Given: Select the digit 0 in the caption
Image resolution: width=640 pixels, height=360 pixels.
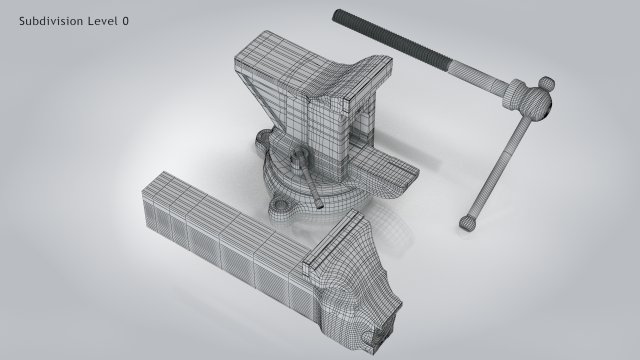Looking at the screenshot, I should coord(126,20).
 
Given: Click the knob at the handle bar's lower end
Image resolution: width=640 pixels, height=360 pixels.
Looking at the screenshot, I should coord(468,221).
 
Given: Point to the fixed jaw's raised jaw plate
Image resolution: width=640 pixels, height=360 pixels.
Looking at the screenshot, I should coord(331,101).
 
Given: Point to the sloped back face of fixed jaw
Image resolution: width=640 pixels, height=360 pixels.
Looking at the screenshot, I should coord(365,85).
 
